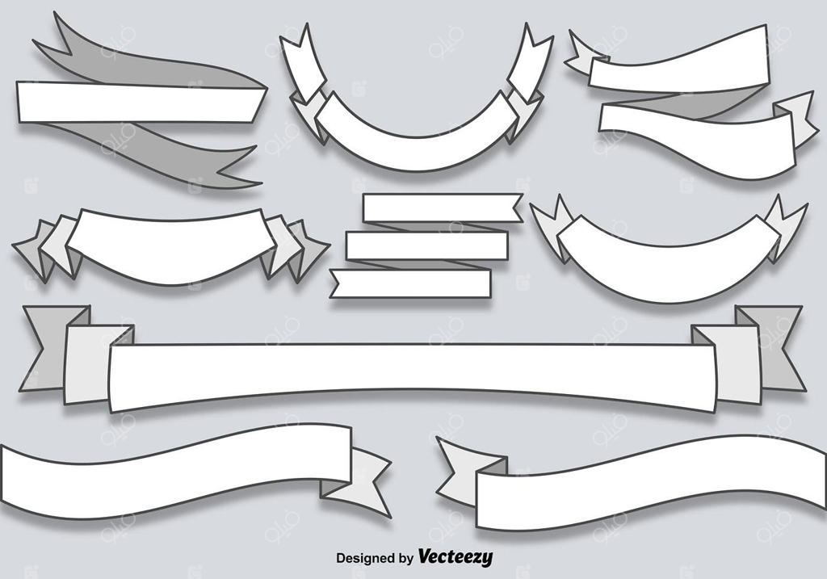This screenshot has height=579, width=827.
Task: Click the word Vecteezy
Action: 455,557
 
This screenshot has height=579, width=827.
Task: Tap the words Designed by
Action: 375,558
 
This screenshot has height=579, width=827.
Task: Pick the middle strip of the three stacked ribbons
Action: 426,245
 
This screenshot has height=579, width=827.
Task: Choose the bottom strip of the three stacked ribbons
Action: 412,283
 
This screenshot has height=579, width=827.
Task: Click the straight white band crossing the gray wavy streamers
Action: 137,103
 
